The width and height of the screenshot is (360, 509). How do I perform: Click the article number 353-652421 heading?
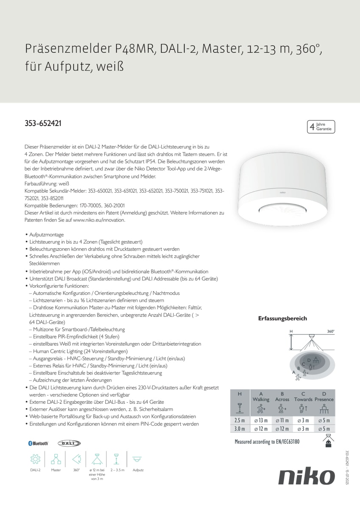click(43, 124)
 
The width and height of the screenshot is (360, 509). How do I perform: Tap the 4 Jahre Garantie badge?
click(321, 126)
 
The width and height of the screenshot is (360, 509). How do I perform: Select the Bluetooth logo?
click(38, 443)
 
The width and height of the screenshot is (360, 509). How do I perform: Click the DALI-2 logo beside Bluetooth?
click(69, 443)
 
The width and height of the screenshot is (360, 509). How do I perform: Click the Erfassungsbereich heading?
click(282, 319)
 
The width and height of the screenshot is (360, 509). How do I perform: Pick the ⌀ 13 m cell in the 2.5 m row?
click(261, 420)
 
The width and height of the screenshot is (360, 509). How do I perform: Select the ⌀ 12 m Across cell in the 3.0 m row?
click(282, 429)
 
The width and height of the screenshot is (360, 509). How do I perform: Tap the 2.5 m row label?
click(240, 420)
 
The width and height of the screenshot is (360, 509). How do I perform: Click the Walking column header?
click(261, 399)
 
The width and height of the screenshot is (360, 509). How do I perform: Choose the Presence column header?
click(324, 399)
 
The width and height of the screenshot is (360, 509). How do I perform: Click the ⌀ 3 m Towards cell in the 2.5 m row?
click(303, 420)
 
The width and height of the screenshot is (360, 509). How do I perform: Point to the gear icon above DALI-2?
click(35, 459)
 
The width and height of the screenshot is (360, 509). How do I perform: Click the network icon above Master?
click(56, 459)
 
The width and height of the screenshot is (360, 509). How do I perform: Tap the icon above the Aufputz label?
click(137, 459)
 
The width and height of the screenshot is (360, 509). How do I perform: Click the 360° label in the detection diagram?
click(331, 331)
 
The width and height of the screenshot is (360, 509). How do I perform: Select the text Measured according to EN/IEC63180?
click(267, 442)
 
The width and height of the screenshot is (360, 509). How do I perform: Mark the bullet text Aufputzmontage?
click(47, 234)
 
